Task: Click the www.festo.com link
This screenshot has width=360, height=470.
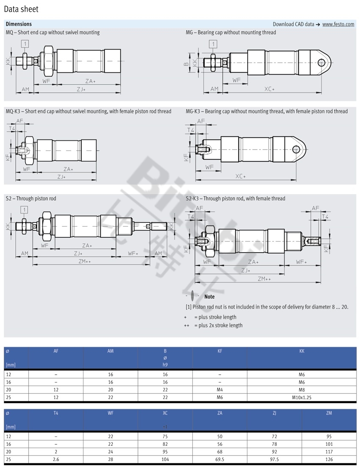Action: tap(338, 24)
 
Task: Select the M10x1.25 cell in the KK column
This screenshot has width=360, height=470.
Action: tap(302, 398)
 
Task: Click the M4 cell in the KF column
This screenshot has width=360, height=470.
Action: tap(220, 390)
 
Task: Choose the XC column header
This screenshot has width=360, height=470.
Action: tap(165, 412)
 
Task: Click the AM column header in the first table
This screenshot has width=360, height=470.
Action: tap(111, 351)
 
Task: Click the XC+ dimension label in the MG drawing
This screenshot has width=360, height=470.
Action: tap(269, 89)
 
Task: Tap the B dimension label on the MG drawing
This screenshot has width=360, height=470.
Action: tap(186, 64)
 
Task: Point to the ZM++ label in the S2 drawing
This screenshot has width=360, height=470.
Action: tap(85, 261)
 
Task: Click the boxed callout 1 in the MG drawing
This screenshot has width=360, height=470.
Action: tap(213, 44)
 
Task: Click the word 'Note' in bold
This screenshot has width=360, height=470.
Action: tap(209, 297)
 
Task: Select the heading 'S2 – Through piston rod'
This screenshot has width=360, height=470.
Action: tap(31, 198)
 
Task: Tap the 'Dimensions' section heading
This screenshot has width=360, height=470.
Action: tap(19, 24)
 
